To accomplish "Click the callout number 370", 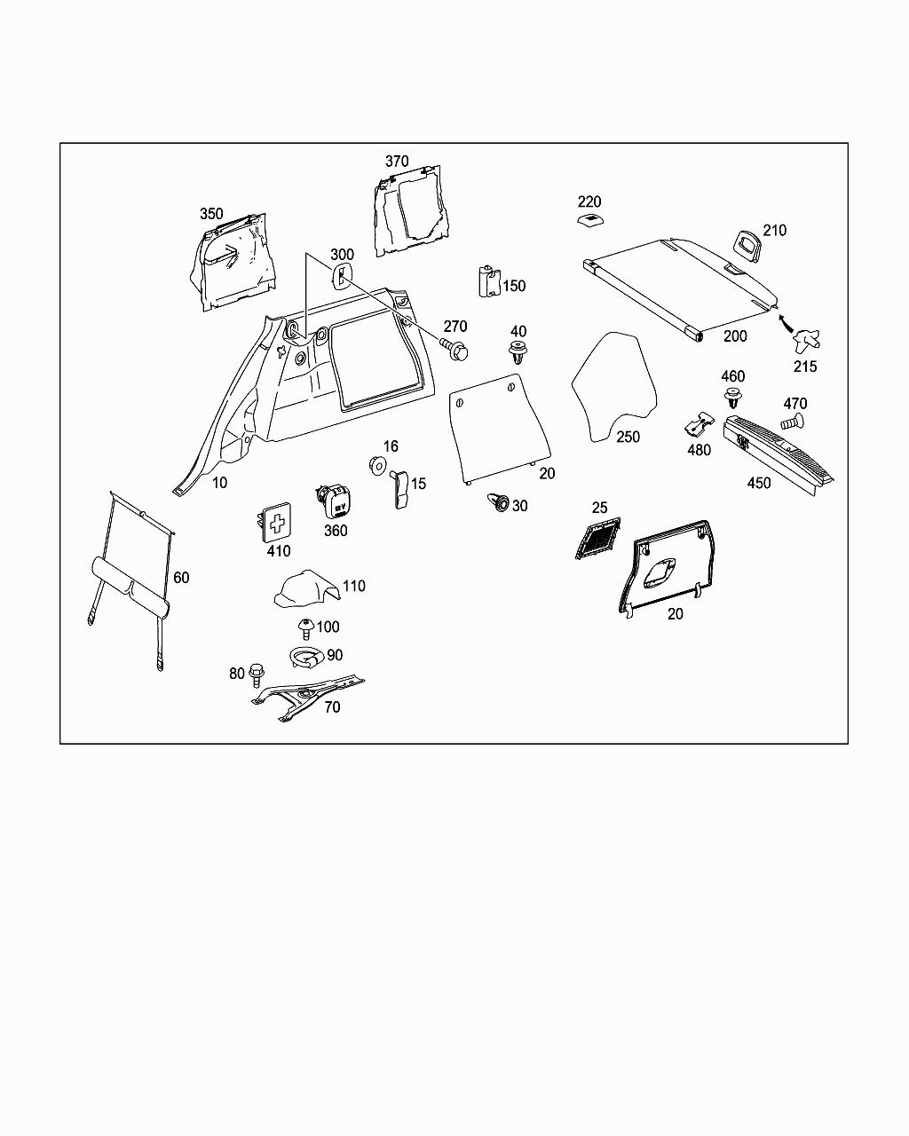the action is (397, 161).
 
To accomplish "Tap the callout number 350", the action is (211, 214).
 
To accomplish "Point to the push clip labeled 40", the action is (518, 352).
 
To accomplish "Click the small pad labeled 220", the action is (588, 221).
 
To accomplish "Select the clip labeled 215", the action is (805, 340).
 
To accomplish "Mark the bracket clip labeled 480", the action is (701, 424).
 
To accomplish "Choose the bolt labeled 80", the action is (257, 674).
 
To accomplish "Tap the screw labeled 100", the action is (306, 628).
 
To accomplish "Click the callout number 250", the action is (628, 437).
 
